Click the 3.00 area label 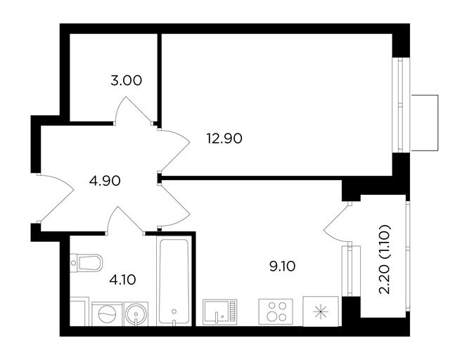127,81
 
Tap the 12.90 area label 224,139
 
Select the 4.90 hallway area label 105,181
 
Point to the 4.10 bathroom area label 122,280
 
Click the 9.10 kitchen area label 283,266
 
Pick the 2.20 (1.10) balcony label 385,259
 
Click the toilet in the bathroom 86,263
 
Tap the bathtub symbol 174,281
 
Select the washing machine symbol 107,314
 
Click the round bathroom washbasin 136,314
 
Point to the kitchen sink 220,312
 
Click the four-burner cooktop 276,312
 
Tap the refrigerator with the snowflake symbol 321,311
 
